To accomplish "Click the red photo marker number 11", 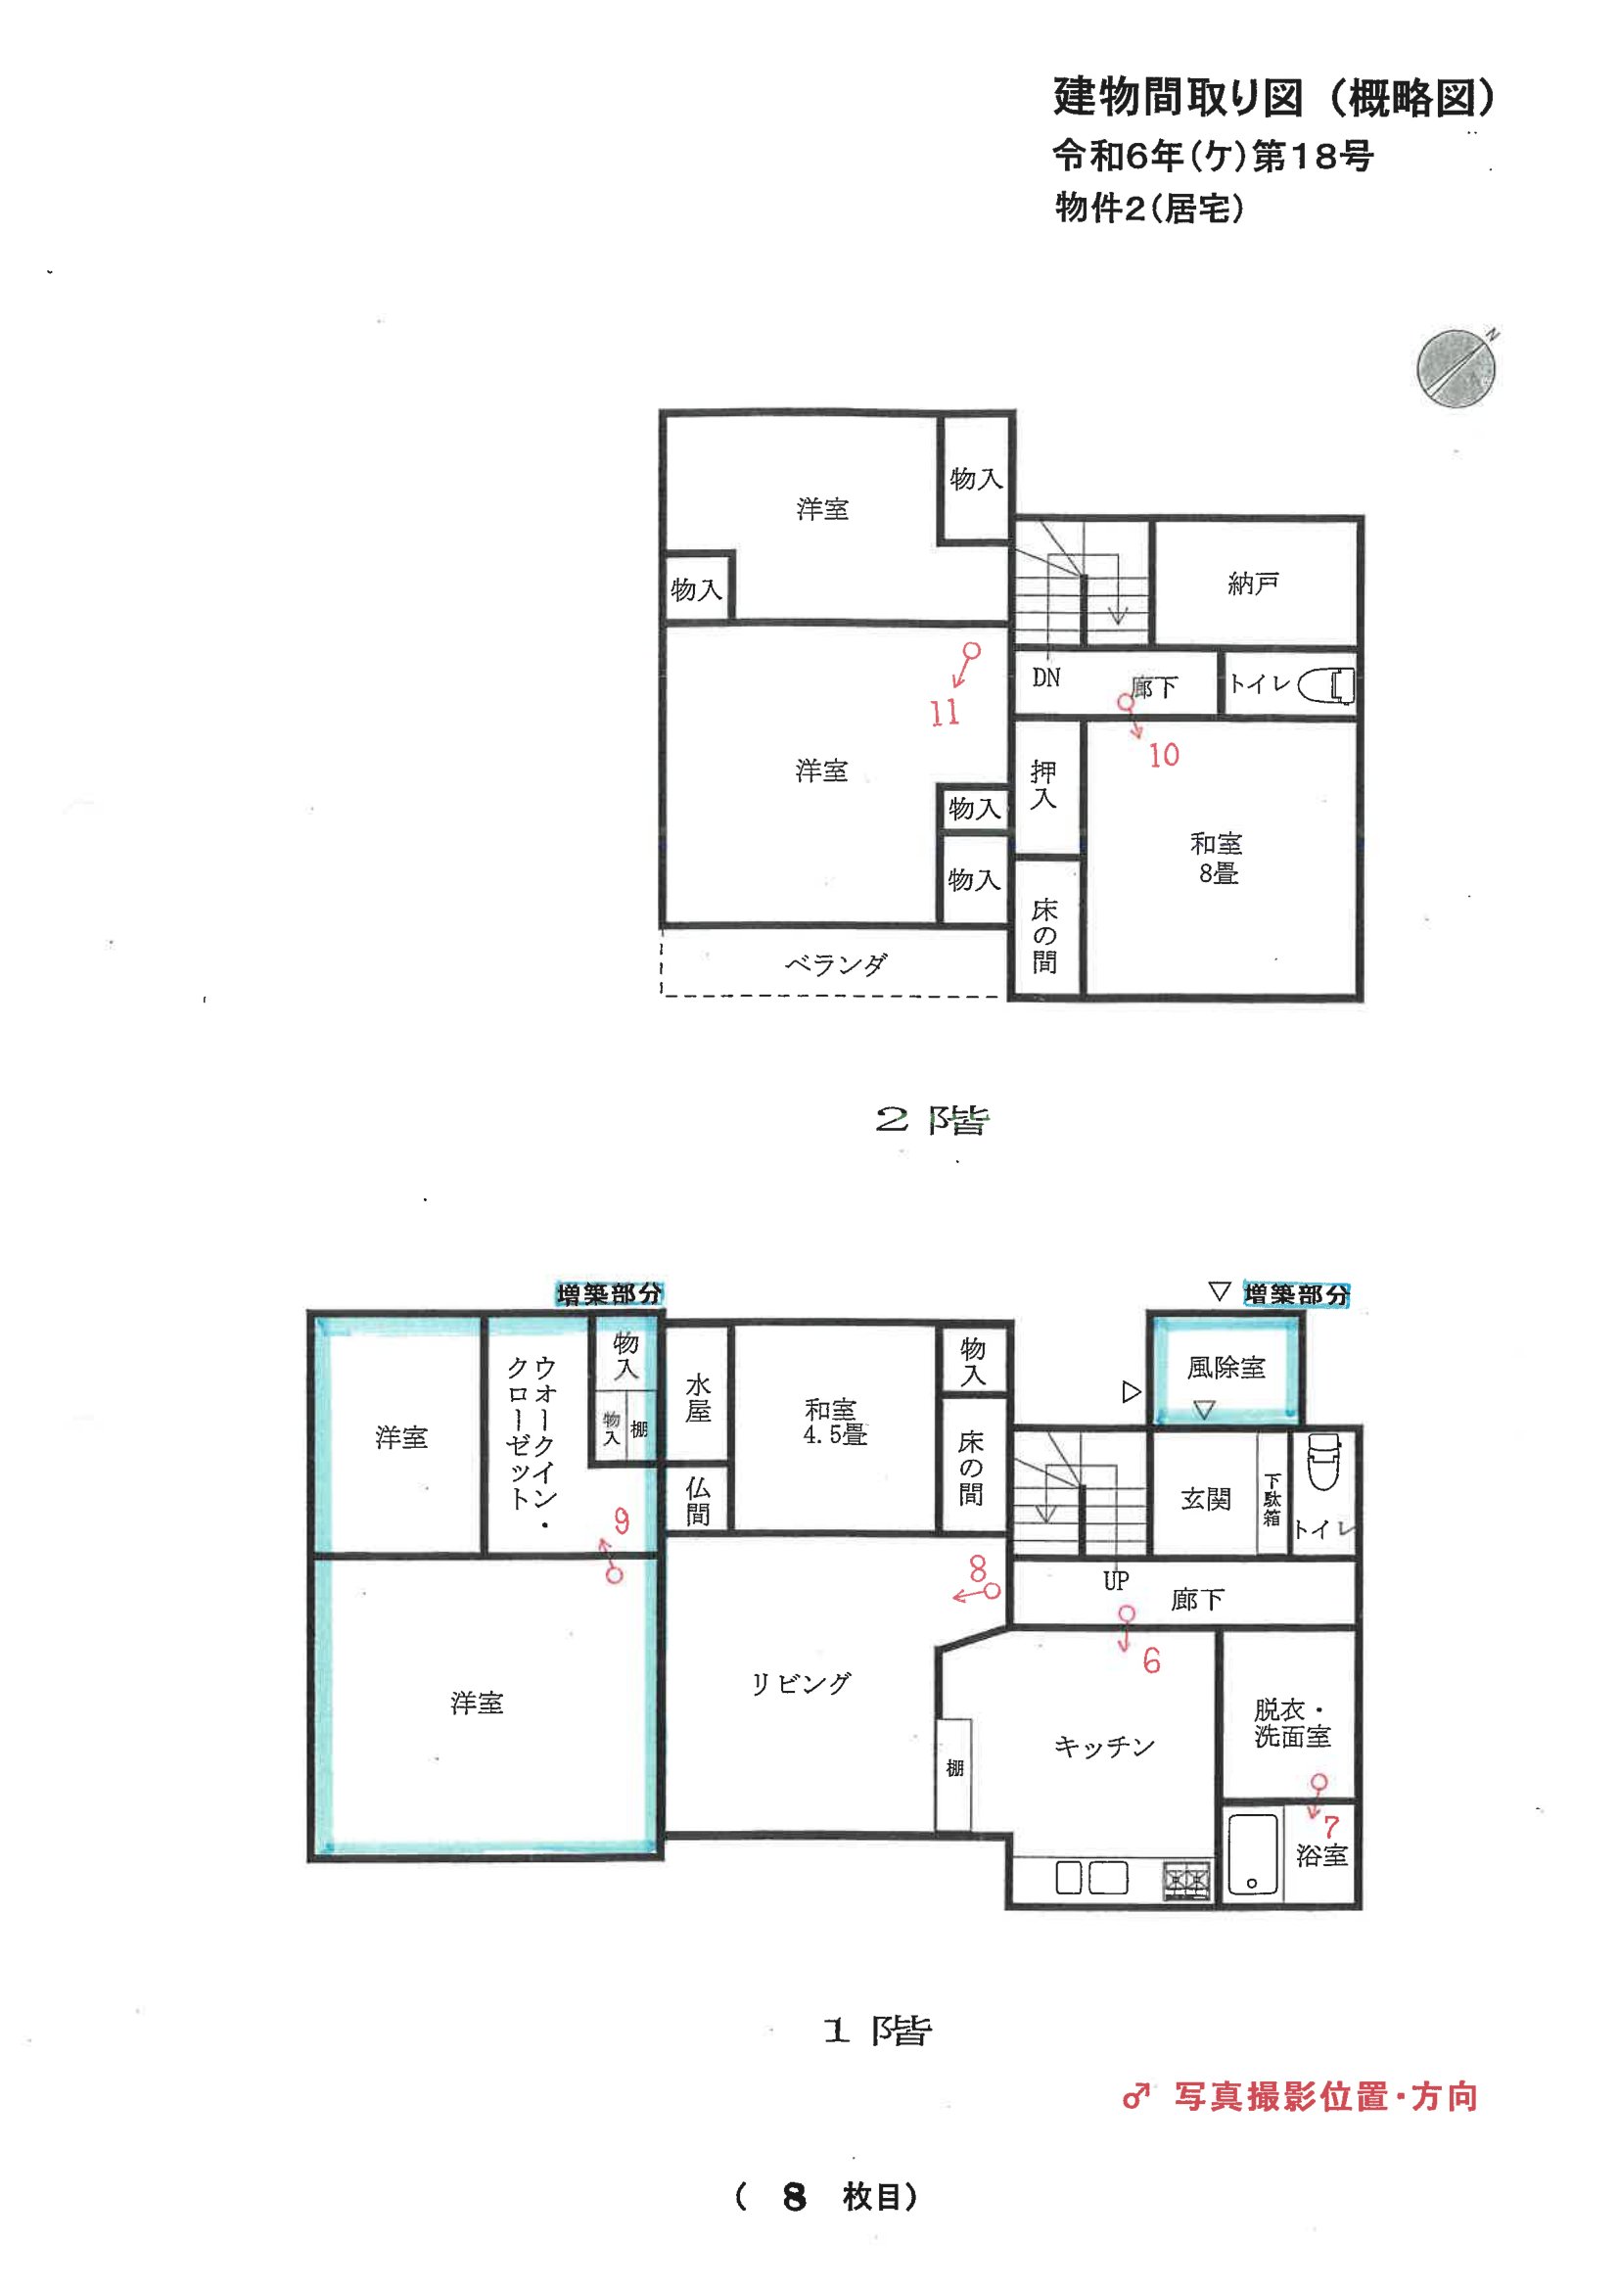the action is [x=946, y=712].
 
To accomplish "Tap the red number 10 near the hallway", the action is [x=1164, y=755].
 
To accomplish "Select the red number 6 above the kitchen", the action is [x=1151, y=1659].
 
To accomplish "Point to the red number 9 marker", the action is [x=622, y=1520].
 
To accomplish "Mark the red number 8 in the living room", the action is [x=977, y=1568].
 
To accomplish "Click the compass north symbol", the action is [x=1457, y=367].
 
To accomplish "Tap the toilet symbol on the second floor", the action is [x=1326, y=685].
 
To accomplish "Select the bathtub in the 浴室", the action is [x=1252, y=1853].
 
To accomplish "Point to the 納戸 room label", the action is [x=1253, y=584].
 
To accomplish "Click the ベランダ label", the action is [x=835, y=963].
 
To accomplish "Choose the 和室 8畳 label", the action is [x=1218, y=858].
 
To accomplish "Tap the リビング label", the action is [x=801, y=1684].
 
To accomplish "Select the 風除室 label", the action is [x=1226, y=1367].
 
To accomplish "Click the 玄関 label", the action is [x=1205, y=1498].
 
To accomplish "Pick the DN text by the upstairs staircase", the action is [x=1045, y=677].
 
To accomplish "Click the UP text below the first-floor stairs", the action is [x=1116, y=1579].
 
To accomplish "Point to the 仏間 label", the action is [x=698, y=1501].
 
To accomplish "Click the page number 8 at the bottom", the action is [x=794, y=2196].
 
